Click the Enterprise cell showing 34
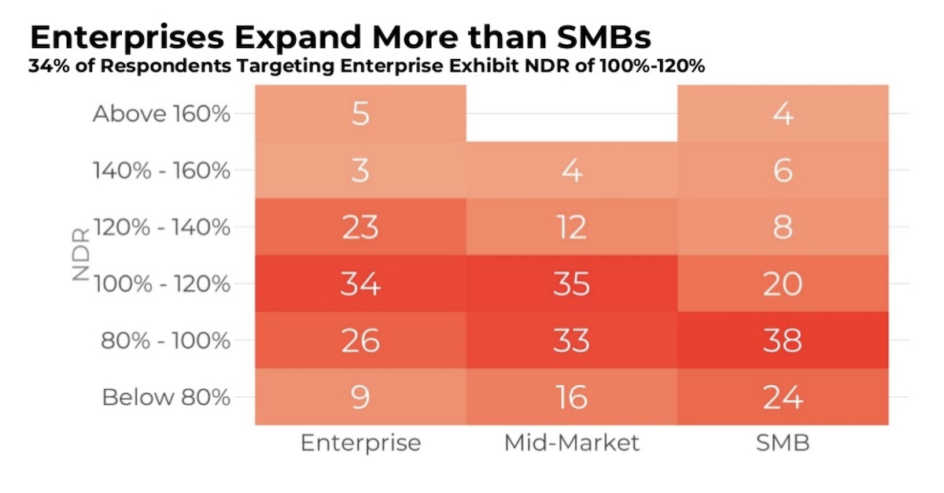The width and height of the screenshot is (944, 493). (360, 284)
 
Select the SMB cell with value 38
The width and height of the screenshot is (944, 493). (782, 340)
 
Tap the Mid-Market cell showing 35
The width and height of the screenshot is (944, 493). (571, 284)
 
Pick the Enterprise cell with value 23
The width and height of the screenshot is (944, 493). (360, 227)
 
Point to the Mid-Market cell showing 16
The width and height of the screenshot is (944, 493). (571, 397)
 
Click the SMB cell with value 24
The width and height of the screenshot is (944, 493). (782, 397)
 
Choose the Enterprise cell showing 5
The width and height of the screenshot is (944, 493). (360, 113)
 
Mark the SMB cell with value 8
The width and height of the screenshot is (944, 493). (782, 227)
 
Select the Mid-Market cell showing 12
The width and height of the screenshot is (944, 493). (571, 227)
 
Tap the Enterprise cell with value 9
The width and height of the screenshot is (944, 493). (360, 397)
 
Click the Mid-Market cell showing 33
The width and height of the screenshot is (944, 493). (571, 340)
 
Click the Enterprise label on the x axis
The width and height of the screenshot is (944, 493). (360, 443)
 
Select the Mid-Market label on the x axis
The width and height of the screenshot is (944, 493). (571, 443)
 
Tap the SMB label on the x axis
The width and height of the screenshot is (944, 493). (782, 443)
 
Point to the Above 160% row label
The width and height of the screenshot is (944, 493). (161, 114)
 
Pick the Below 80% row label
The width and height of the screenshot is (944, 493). (166, 397)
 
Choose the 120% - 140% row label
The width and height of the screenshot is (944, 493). (162, 228)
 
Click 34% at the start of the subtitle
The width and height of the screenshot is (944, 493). (46, 66)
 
